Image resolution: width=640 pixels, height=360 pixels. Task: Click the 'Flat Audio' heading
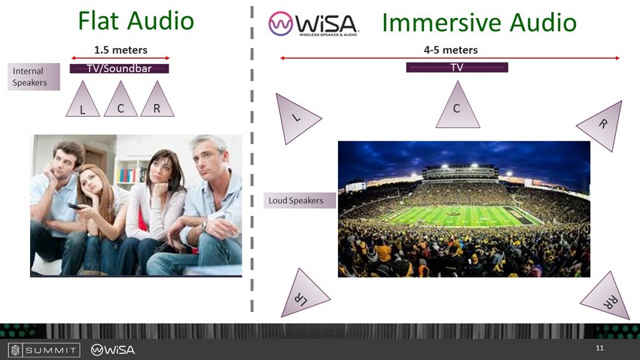(136, 21)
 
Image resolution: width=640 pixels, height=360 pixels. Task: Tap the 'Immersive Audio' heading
(479, 22)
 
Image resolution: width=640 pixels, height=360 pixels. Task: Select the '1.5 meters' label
(120, 50)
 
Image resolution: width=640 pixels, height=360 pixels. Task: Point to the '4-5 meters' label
(450, 50)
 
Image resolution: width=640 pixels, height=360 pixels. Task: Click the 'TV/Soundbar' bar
(119, 69)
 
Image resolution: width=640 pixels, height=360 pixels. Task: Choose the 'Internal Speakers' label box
(34, 77)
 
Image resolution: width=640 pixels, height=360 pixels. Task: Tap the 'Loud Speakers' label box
(300, 200)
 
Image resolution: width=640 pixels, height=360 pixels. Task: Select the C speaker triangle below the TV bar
(458, 105)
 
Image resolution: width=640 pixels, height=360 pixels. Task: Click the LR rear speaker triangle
(303, 294)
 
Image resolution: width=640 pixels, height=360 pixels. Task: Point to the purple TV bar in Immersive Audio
(457, 67)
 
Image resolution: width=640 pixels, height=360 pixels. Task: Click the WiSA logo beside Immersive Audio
(313, 23)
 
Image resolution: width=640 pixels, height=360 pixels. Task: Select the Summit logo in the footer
(44, 350)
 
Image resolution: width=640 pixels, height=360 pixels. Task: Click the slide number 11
(599, 348)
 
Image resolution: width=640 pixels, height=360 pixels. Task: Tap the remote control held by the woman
(75, 206)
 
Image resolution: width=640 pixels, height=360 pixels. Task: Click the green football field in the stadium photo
(462, 216)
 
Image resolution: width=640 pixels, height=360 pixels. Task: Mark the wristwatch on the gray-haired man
(205, 225)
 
